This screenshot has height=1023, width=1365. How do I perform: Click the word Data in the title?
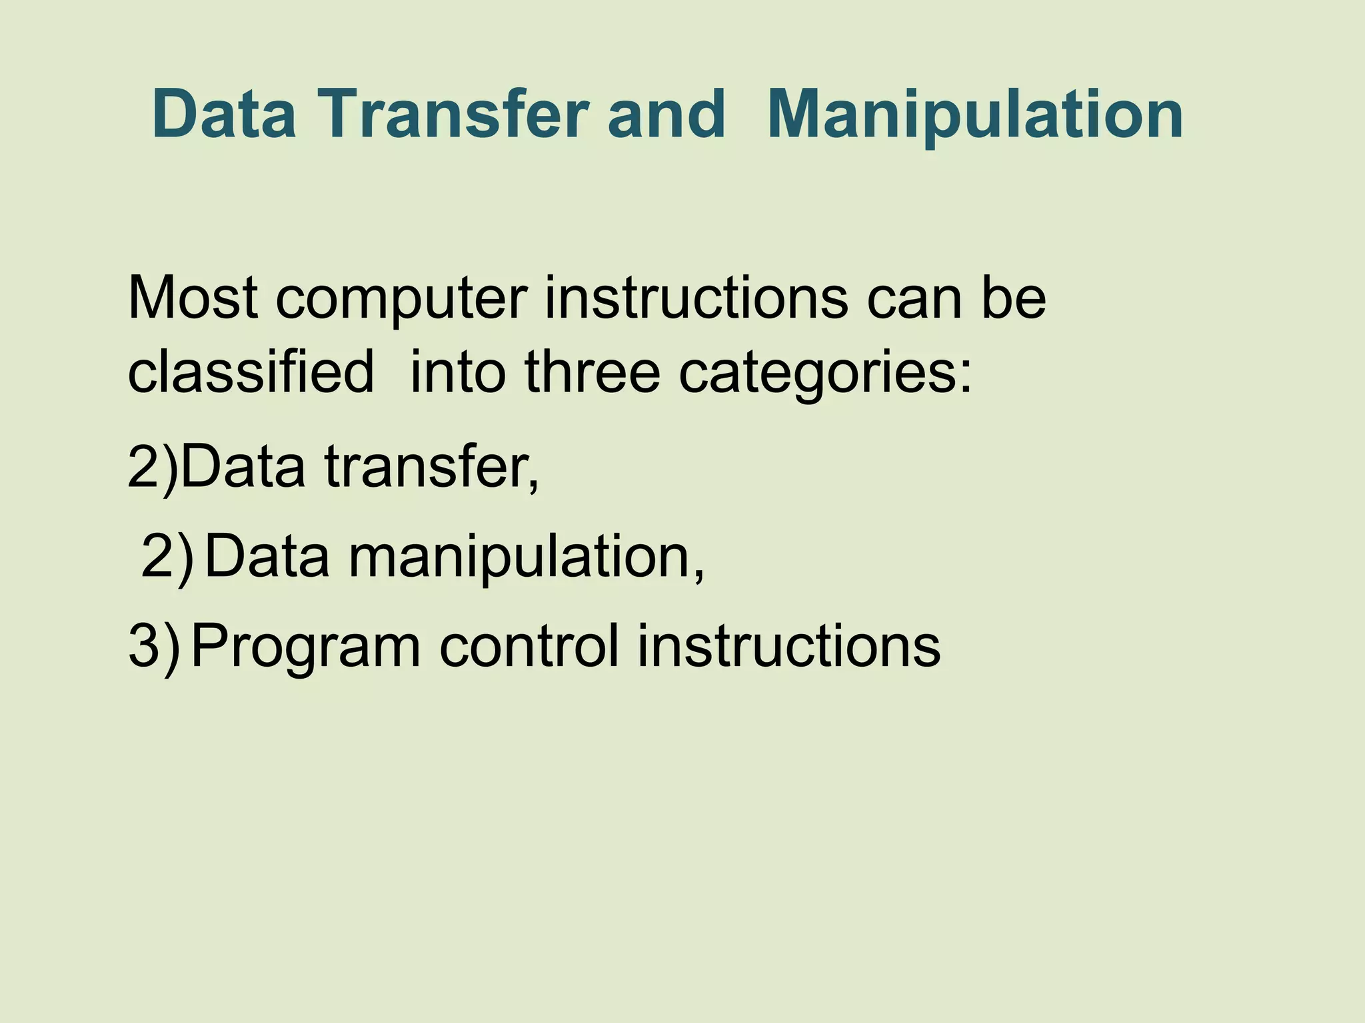pyautogui.click(x=224, y=115)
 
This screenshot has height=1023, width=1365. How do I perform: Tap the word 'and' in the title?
pyautogui.click(x=666, y=115)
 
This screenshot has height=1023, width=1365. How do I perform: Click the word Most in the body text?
pyautogui.click(x=193, y=298)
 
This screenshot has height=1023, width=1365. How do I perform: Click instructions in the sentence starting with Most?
pyautogui.click(x=696, y=298)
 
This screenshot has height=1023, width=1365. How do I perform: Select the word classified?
pyautogui.click(x=251, y=372)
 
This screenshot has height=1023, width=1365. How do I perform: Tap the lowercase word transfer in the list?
pyautogui.click(x=431, y=466)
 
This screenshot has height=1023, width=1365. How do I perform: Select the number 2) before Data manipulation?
pyautogui.click(x=167, y=557)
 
